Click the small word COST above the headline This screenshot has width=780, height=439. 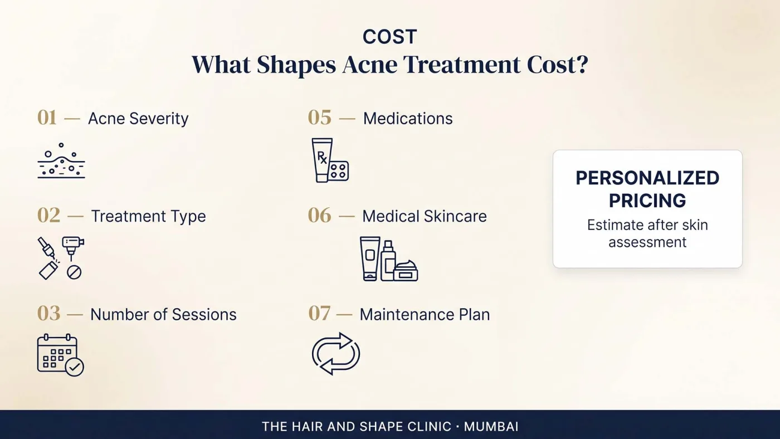(x=389, y=37)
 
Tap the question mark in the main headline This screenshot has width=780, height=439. (x=581, y=65)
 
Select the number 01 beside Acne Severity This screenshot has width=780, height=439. (x=47, y=118)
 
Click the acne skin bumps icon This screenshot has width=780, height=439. (x=61, y=160)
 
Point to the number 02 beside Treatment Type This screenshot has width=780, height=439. (x=49, y=216)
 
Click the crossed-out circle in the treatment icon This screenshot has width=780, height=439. (x=74, y=272)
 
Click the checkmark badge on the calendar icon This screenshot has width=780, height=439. (x=75, y=367)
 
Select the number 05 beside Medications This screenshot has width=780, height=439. (x=320, y=118)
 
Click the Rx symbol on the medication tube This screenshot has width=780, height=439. (x=322, y=157)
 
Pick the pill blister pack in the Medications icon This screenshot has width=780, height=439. (x=339, y=170)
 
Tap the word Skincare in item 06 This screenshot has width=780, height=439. (x=456, y=216)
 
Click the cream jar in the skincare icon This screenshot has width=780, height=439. (x=406, y=271)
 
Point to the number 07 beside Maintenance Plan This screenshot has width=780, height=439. (x=319, y=313)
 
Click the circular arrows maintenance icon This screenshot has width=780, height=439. (x=336, y=354)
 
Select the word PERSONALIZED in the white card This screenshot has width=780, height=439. (x=647, y=178)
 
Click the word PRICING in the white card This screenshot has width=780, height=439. (x=647, y=201)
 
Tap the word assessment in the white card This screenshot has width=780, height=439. (x=647, y=242)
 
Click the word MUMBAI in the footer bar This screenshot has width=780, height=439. (x=491, y=427)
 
